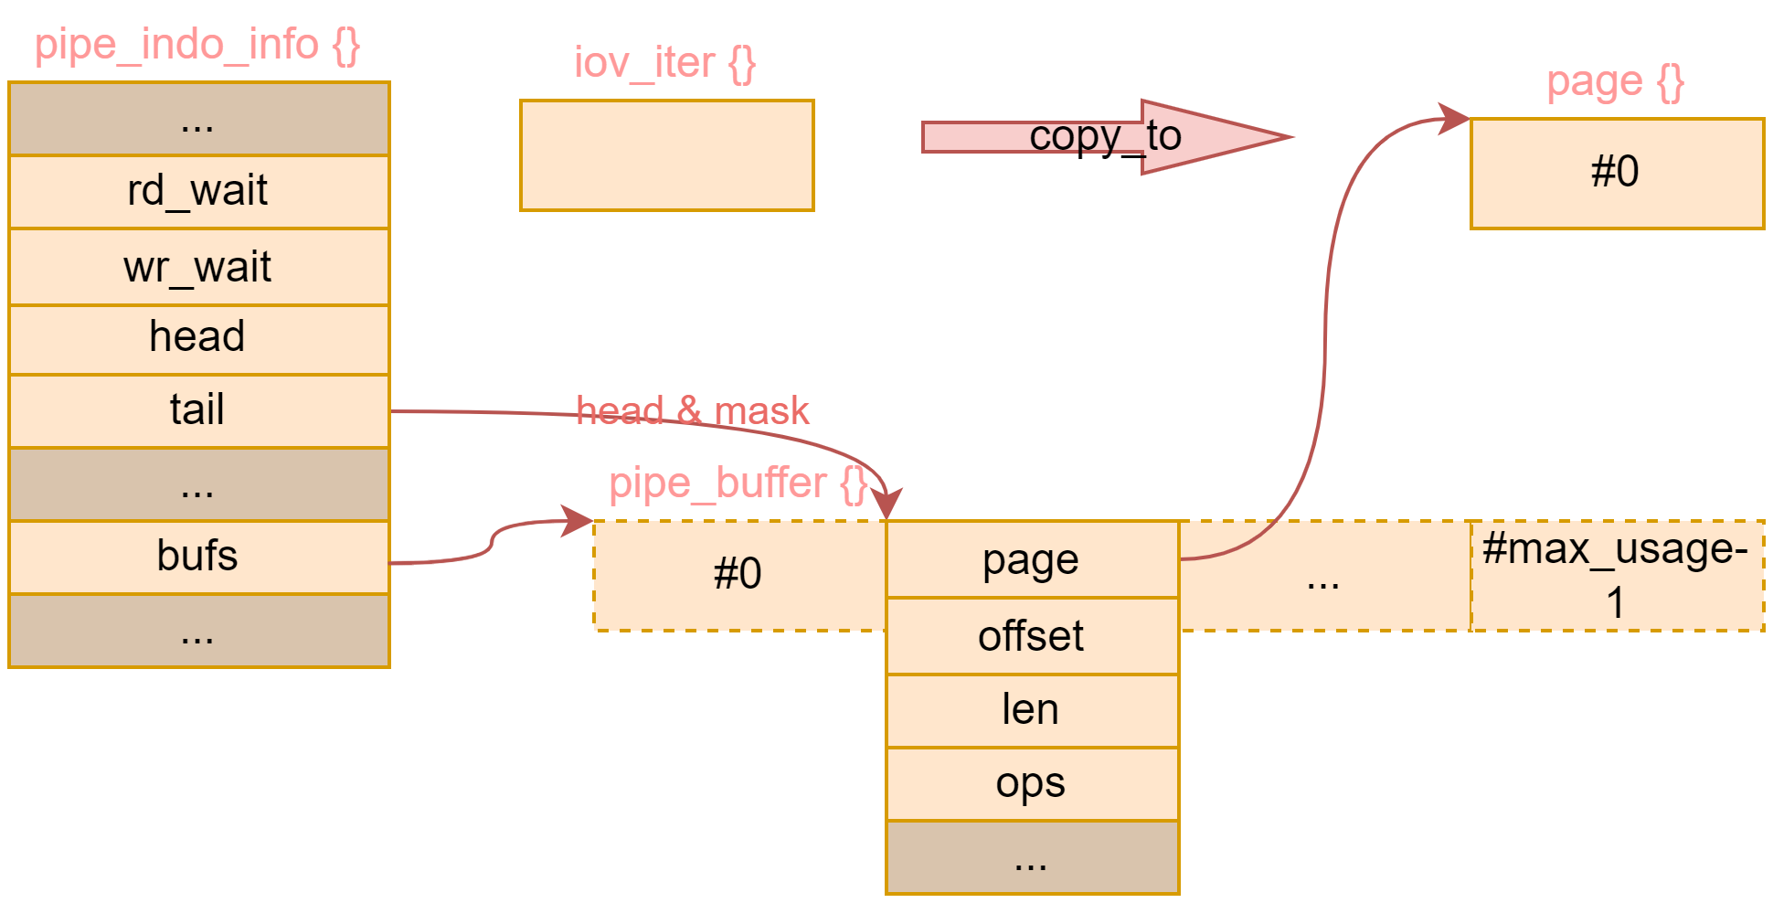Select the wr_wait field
click(x=198, y=268)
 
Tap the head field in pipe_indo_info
click(x=198, y=337)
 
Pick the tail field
click(x=198, y=410)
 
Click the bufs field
click(x=198, y=557)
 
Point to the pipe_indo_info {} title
click(x=197, y=45)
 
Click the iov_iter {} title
click(x=664, y=63)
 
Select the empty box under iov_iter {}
click(x=666, y=155)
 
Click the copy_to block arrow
click(x=1106, y=137)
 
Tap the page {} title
click(x=1615, y=82)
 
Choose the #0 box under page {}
click(x=1616, y=173)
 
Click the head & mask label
click(x=692, y=410)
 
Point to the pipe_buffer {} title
click(x=738, y=483)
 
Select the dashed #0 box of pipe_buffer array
click(x=738, y=575)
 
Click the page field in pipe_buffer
click(x=1032, y=560)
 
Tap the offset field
click(x=1032, y=636)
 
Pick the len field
click(x=1032, y=710)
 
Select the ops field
click(x=1032, y=783)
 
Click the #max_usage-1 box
click(x=1616, y=575)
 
